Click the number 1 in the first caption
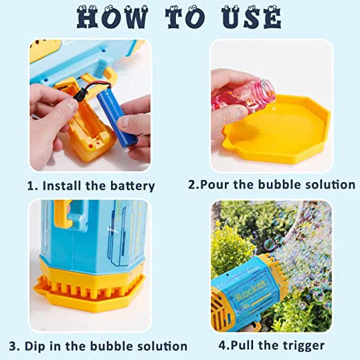click(x=30, y=186)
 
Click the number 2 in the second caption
click(x=193, y=185)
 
